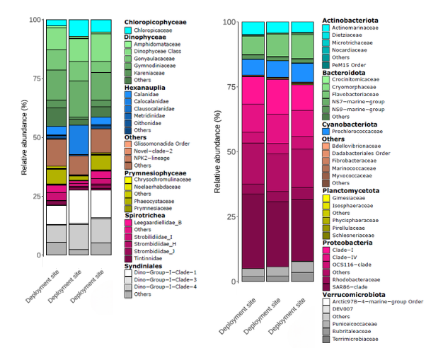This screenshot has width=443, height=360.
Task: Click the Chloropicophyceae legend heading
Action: (156, 22)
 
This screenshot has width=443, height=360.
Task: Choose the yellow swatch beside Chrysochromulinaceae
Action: (128, 180)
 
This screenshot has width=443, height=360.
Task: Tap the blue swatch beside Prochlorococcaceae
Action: (326, 131)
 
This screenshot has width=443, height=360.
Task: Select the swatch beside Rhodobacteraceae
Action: (326, 279)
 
